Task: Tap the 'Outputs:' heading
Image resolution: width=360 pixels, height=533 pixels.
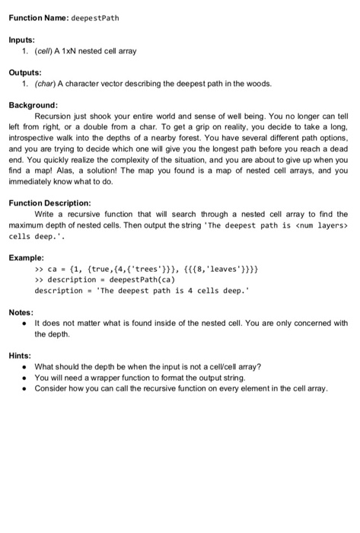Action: point(25,73)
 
